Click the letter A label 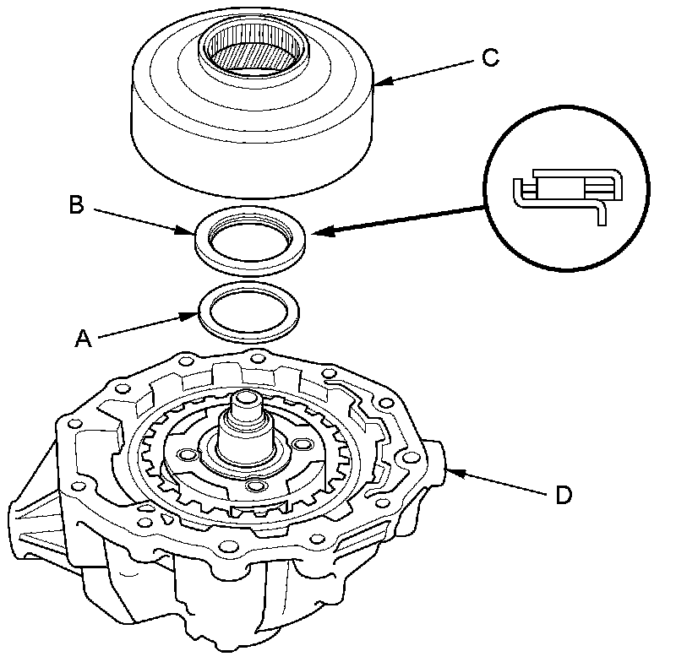tap(83, 338)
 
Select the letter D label tap(562, 494)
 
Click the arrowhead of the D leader tap(449, 472)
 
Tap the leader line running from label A tap(144, 328)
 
